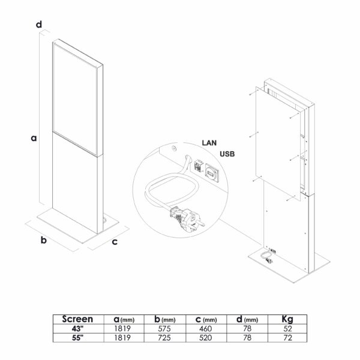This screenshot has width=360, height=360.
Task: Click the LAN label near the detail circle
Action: click(x=209, y=143)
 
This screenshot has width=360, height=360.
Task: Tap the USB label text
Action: click(x=227, y=154)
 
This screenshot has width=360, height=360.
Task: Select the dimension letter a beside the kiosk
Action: click(x=34, y=138)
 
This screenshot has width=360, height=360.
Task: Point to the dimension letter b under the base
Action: click(x=44, y=240)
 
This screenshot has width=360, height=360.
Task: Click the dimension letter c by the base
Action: click(x=115, y=242)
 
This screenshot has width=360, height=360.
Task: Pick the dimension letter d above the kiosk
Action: click(x=39, y=25)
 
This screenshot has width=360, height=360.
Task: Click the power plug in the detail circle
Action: click(x=187, y=218)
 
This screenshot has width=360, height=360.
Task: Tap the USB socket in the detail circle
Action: click(x=211, y=172)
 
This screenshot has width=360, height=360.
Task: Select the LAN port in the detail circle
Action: click(x=199, y=166)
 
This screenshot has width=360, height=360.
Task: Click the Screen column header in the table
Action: click(x=77, y=319)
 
